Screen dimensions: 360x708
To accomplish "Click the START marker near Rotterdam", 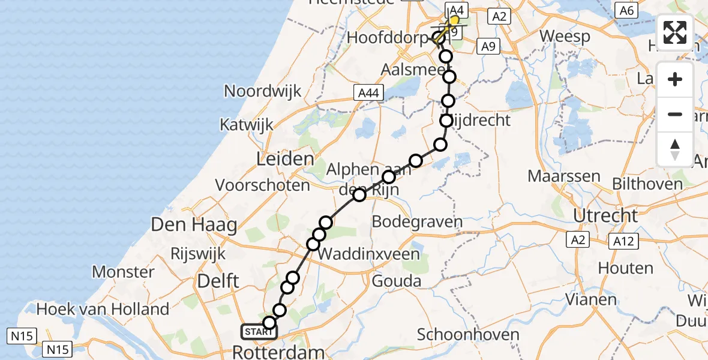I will (x=259, y=331).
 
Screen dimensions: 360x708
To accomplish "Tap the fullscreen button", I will (x=675, y=32).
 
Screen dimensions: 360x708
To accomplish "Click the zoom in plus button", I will (x=675, y=79).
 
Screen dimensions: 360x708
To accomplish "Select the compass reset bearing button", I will (x=675, y=149).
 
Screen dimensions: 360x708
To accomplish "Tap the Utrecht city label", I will (x=605, y=215).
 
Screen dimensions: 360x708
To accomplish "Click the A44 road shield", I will (x=368, y=92).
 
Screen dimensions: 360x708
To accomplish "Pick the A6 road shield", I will (x=626, y=10).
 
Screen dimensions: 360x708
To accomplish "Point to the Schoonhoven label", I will (x=461, y=334).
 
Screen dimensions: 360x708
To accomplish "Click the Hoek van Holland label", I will (x=103, y=310).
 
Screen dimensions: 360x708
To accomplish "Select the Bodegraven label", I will (x=417, y=222).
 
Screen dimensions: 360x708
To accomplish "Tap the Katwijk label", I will (x=247, y=125).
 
